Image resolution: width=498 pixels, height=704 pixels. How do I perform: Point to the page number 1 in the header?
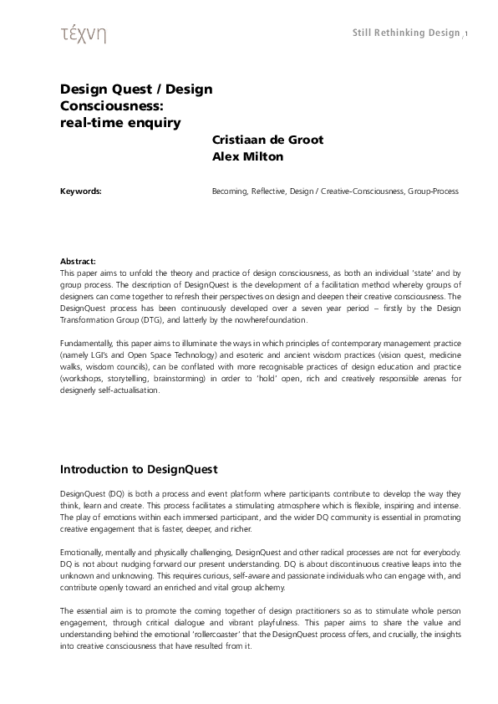pos(466,34)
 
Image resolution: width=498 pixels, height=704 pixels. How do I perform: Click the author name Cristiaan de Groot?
pos(267,140)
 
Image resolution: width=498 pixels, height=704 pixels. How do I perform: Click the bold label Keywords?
pos(81,191)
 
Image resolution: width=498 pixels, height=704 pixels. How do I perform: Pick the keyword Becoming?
pos(230,191)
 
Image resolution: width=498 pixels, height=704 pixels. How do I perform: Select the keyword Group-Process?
pos(433,191)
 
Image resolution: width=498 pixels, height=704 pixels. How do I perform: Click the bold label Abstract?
pos(79,262)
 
